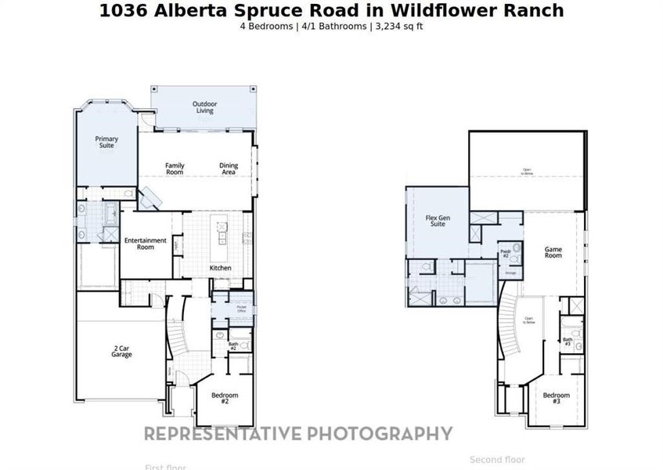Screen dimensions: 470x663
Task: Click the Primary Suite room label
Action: [106, 142]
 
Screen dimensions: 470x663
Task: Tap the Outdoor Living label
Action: [204, 107]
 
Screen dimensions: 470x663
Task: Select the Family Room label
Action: [175, 168]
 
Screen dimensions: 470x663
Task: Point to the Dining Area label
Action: [229, 168]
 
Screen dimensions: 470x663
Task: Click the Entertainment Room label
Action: [146, 244]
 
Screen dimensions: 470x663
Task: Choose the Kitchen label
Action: [221, 268]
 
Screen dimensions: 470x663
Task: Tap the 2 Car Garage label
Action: [121, 352]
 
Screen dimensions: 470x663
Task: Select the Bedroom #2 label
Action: [225, 397]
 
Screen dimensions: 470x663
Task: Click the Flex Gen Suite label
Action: [435, 221]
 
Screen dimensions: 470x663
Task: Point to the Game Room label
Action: [553, 253]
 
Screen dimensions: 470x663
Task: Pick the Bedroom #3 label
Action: [557, 397]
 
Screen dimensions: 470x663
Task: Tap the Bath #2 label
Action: [233, 345]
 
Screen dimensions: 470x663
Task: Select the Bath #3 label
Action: [568, 342]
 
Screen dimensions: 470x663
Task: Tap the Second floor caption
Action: [497, 460]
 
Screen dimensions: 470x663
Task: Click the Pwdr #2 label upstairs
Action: [506, 254]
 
